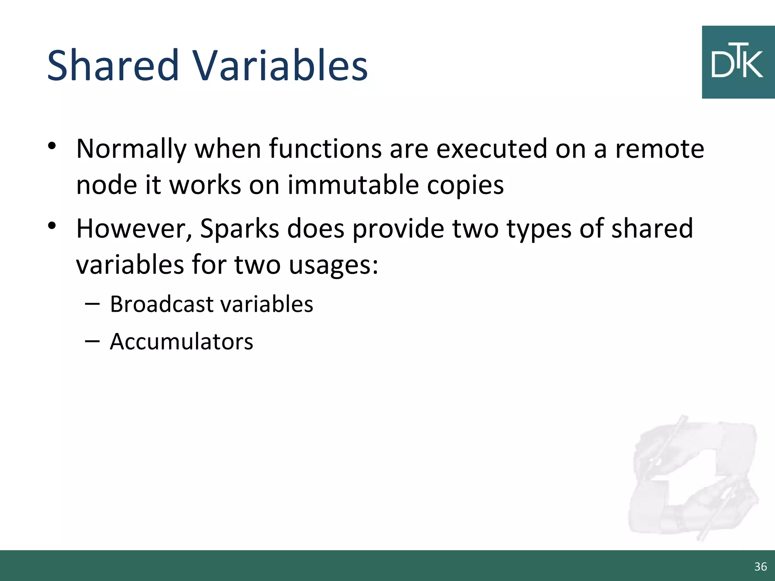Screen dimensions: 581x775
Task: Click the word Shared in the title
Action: click(113, 65)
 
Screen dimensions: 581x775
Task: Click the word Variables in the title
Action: click(280, 65)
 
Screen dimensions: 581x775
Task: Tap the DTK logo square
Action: click(738, 62)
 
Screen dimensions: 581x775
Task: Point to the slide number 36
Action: click(760, 567)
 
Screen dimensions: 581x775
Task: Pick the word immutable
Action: click(353, 185)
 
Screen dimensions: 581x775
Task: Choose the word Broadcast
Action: click(162, 304)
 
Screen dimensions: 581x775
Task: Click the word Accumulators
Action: click(181, 342)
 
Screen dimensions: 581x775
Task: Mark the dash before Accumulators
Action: click(92, 341)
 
